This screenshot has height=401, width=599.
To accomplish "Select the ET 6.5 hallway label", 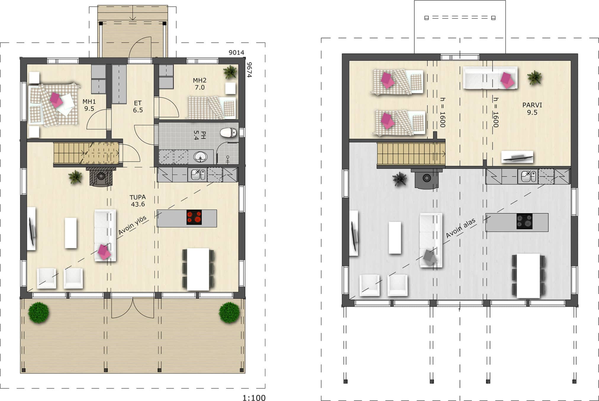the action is pyautogui.click(x=138, y=107).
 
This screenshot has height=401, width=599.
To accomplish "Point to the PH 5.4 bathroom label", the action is pyautogui.click(x=199, y=135).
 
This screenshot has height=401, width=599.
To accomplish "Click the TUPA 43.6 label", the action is pyautogui.click(x=138, y=200).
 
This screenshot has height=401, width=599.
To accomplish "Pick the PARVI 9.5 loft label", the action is pyautogui.click(x=532, y=109).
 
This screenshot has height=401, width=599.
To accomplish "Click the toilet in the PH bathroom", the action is pyautogui.click(x=228, y=132).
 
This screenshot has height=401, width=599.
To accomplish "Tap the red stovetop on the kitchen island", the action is pyautogui.click(x=194, y=218).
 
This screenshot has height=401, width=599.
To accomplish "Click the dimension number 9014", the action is pyautogui.click(x=236, y=53).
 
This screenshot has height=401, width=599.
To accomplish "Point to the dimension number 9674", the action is pyautogui.click(x=249, y=70).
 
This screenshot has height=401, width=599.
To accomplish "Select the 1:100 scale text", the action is pyautogui.click(x=254, y=398).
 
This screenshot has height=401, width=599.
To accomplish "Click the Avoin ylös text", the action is pyautogui.click(x=132, y=226).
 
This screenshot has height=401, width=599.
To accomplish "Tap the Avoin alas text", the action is pyautogui.click(x=461, y=228).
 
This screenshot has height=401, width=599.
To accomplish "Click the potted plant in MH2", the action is pyautogui.click(x=230, y=72).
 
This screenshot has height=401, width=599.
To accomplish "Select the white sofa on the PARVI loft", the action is pyautogui.click(x=490, y=78).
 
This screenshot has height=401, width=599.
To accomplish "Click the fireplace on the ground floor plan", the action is pyautogui.click(x=101, y=177).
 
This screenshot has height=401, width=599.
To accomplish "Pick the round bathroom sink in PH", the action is pyautogui.click(x=201, y=157).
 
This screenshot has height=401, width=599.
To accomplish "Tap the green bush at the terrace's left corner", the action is pyautogui.click(x=39, y=312).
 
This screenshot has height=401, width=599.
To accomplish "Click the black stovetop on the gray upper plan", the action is pyautogui.click(x=524, y=221).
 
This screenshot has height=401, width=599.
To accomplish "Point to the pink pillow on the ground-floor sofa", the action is pyautogui.click(x=104, y=252).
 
